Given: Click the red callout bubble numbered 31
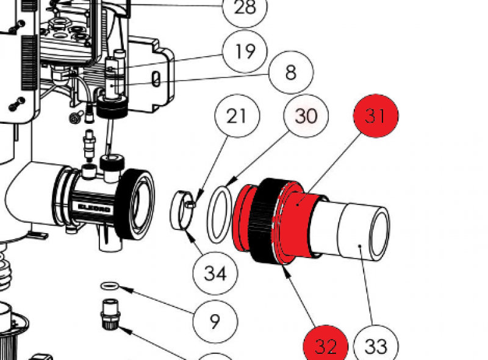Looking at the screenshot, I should pyautogui.click(x=376, y=115).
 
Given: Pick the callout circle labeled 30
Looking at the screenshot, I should pyautogui.click(x=306, y=115).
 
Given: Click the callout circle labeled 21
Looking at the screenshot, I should pyautogui.click(x=237, y=115).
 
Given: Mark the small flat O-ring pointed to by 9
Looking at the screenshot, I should pyautogui.click(x=109, y=285).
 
